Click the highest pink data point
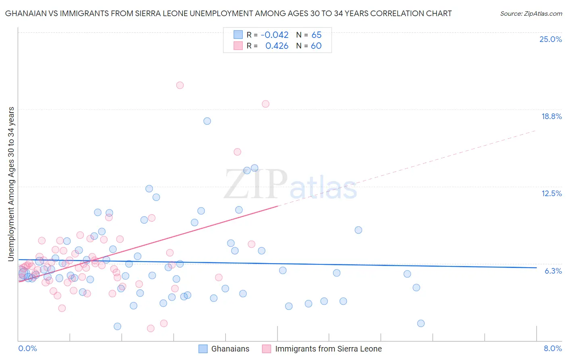[180, 85]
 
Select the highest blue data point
[207, 121]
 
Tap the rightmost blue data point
[421, 323]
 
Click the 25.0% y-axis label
[550, 39]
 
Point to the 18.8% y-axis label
[551, 116]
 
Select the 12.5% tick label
[551, 193]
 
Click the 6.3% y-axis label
[553, 271]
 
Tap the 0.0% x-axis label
[27, 348]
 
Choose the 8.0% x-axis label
[552, 348]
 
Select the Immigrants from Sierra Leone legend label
[328, 349]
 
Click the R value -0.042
[275, 35]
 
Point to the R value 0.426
[277, 46]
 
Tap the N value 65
[316, 35]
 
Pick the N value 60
[316, 46]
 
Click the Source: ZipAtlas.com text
[531, 13]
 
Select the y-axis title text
[11, 184]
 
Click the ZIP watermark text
[255, 184]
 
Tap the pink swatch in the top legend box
[238, 46]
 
